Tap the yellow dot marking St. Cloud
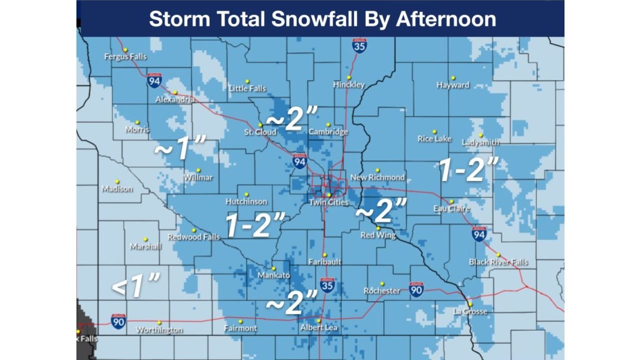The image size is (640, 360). pyautogui.click(x=260, y=125)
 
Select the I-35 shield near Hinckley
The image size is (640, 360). pyautogui.click(x=359, y=45)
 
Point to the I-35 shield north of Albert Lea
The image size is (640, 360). pyautogui.click(x=327, y=285)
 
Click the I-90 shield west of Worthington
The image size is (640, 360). pyautogui.click(x=118, y=321)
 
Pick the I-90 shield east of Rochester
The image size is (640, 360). pyautogui.click(x=416, y=289)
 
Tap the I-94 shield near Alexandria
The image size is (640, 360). pyautogui.click(x=154, y=80)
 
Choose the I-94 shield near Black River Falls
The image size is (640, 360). pyautogui.click(x=479, y=233)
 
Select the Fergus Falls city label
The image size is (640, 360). pyautogui.click(x=125, y=56)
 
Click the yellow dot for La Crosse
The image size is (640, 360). pyautogui.click(x=470, y=304)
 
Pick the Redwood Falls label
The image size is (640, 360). pyautogui.click(x=193, y=237)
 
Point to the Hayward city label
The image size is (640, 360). pyautogui.click(x=453, y=85)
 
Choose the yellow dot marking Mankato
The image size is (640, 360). pyautogui.click(x=273, y=268)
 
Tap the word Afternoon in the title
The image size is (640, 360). pyautogui.click(x=446, y=19)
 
